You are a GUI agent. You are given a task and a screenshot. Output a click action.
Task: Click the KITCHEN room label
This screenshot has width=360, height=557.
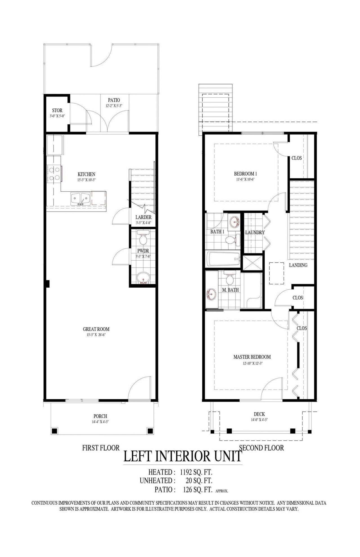(86, 174)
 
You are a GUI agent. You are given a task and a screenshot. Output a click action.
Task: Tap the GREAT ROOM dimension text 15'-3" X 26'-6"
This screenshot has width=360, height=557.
(96, 335)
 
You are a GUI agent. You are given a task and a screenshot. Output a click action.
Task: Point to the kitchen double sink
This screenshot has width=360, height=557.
(80, 199)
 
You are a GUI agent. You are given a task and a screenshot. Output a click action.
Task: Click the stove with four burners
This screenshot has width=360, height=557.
(54, 174)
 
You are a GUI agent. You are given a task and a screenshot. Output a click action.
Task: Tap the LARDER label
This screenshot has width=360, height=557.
(143, 217)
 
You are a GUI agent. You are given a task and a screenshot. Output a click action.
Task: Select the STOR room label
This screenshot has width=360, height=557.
(57, 111)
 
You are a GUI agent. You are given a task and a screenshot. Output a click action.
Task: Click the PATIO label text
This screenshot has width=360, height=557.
(114, 100)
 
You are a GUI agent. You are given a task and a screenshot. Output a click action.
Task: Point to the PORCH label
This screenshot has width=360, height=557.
(100, 416)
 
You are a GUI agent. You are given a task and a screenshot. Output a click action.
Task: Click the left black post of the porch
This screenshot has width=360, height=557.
(55, 431)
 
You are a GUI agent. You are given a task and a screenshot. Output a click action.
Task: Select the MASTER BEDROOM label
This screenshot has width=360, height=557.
(252, 357)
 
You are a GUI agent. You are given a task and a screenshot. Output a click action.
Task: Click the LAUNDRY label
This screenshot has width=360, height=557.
(255, 232)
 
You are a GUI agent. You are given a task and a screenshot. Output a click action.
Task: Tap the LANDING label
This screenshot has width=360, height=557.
(298, 265)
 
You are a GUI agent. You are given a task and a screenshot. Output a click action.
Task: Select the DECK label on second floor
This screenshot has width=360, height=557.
(259, 414)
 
